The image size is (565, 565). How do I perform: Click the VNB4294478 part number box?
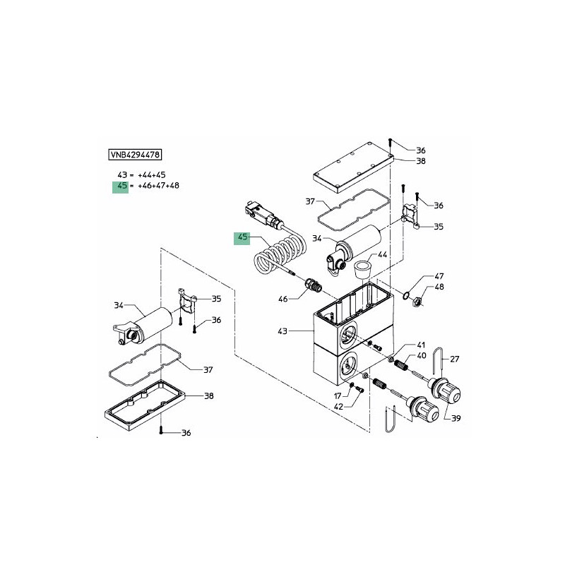click(135, 155)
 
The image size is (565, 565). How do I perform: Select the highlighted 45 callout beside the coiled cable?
click(242, 238)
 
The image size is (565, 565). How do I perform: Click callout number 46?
click(283, 299)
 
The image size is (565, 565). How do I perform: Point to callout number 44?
click(382, 254)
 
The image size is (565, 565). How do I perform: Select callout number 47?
click(439, 276)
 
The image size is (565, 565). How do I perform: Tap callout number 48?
click(439, 287)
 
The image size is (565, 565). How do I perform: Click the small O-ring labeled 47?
click(406, 296)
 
